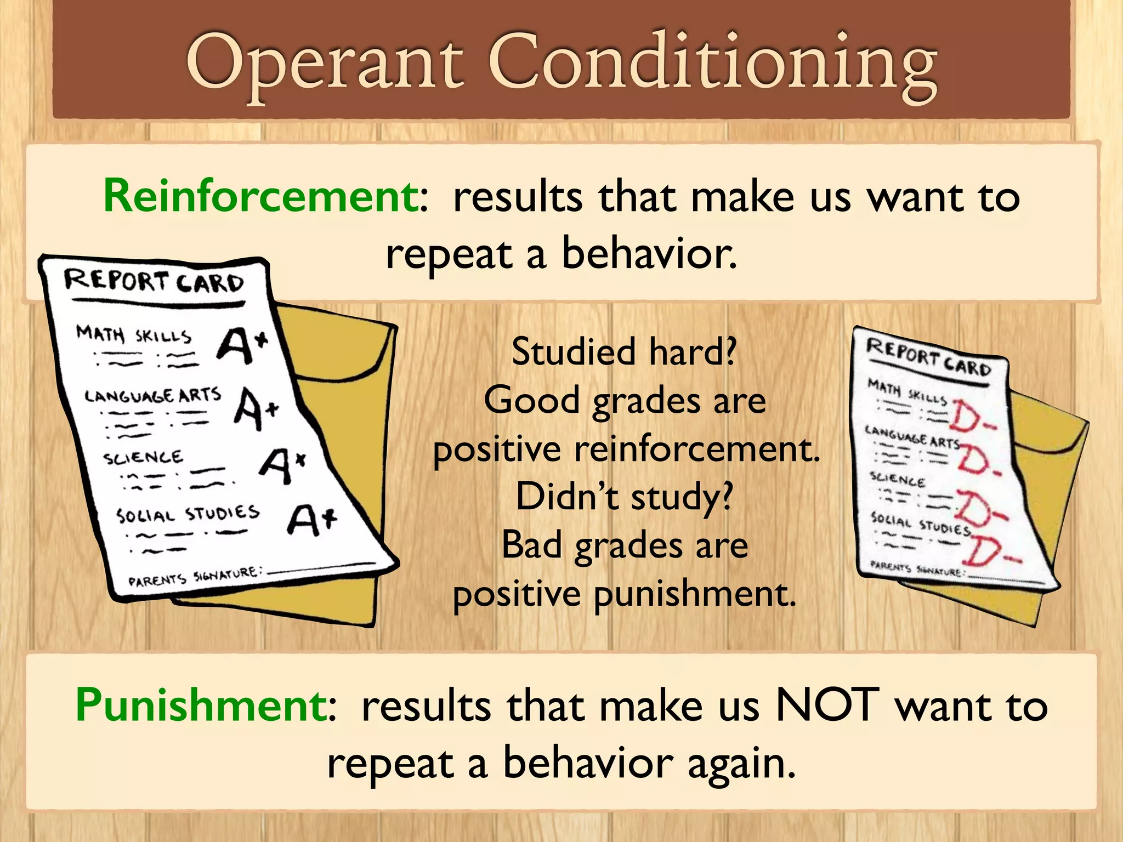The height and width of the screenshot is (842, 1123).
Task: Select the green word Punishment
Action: point(202,705)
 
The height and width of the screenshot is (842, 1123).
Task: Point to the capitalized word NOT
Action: point(828,705)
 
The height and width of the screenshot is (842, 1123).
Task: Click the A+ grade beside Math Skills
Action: point(242,345)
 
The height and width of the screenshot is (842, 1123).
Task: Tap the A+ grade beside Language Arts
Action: point(256,409)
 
